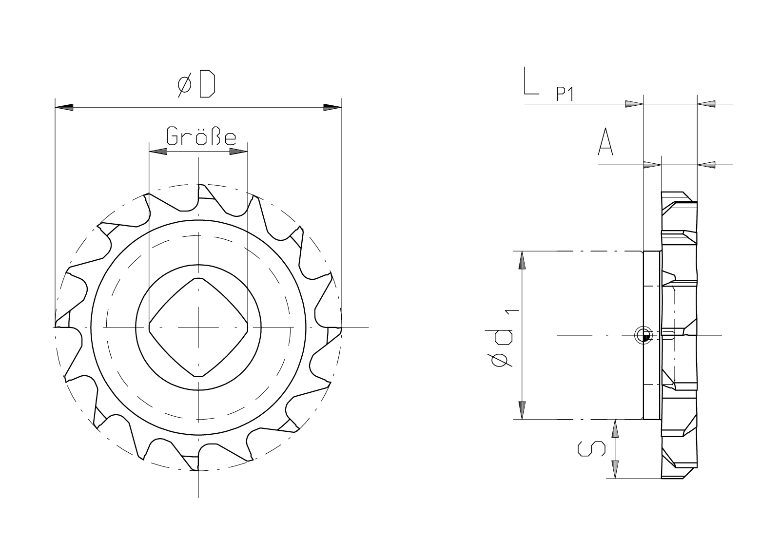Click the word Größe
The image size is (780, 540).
click(201, 135)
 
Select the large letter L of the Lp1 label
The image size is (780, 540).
click(531, 81)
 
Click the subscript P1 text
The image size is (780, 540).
click(565, 94)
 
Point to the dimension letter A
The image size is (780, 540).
click(605, 141)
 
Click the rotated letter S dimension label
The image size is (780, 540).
click(592, 449)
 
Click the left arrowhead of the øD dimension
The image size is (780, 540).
click(64, 108)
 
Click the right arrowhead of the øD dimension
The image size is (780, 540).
click(332, 108)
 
